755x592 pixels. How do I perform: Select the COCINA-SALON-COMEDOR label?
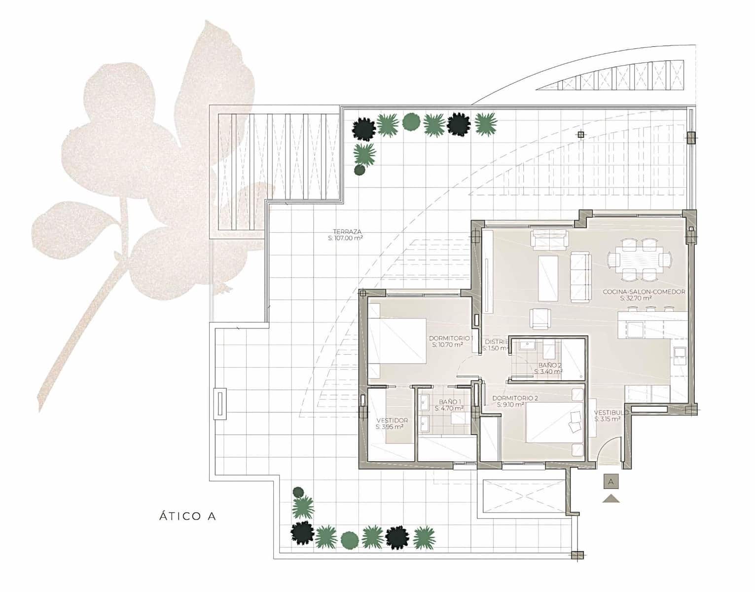point(644,292)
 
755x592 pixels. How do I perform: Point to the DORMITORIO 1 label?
point(451,338)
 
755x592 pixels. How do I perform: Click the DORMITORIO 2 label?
point(515,398)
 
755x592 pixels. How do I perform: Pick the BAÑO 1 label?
point(448,402)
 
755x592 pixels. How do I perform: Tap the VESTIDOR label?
point(392,420)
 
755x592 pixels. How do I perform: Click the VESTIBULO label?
point(611,412)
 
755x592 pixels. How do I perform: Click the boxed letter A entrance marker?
point(611,481)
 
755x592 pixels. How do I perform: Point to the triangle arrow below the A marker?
point(611,498)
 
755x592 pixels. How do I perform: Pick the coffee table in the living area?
point(548,278)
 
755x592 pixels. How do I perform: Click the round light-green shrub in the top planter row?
point(411,122)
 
